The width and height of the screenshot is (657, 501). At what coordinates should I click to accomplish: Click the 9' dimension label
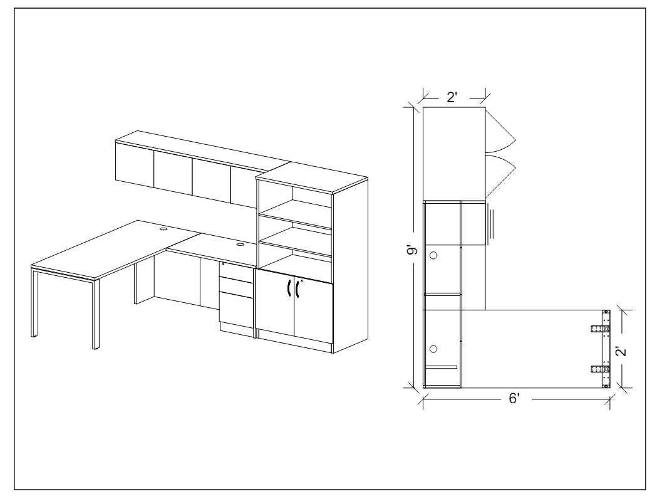[413, 251]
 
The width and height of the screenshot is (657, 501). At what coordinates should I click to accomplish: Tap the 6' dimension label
[514, 398]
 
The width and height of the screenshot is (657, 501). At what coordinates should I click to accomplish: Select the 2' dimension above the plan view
[452, 97]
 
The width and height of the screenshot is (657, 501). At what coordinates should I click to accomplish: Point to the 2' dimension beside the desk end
[622, 351]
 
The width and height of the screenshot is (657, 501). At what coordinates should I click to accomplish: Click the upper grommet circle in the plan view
[433, 255]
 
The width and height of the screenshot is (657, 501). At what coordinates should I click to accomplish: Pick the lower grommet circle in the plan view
[433, 349]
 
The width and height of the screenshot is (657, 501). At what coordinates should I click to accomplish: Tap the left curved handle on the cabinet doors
[289, 288]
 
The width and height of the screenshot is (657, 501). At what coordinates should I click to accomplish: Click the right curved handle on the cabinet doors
[297, 288]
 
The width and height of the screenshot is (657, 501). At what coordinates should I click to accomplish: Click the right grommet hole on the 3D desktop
[240, 244]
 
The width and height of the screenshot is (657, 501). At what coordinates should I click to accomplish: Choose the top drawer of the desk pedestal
[236, 271]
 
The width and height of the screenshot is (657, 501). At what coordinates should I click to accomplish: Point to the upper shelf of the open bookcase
[296, 214]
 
